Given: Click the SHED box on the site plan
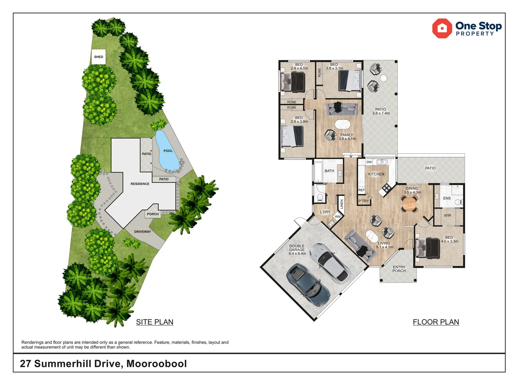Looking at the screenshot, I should [x=99, y=57].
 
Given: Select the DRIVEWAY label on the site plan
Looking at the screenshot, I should [x=142, y=232].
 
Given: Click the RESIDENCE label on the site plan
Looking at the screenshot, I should [x=140, y=184].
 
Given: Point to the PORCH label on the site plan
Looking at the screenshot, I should [x=153, y=214].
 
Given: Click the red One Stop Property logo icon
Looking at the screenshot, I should [x=442, y=29].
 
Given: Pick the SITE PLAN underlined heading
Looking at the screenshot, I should [x=155, y=322].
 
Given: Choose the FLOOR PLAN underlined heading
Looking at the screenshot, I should [x=436, y=322].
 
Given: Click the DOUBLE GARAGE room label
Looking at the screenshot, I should [x=297, y=250].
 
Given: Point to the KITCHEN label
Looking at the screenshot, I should [x=376, y=174].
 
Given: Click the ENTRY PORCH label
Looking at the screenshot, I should [x=399, y=269].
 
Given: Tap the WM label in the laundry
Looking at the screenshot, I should [x=337, y=217].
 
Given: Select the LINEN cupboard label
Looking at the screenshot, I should [x=341, y=204].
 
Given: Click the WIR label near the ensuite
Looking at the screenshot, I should [x=448, y=216].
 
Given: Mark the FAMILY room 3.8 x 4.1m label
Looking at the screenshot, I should [x=347, y=137].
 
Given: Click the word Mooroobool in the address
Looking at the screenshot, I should [x=157, y=364].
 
